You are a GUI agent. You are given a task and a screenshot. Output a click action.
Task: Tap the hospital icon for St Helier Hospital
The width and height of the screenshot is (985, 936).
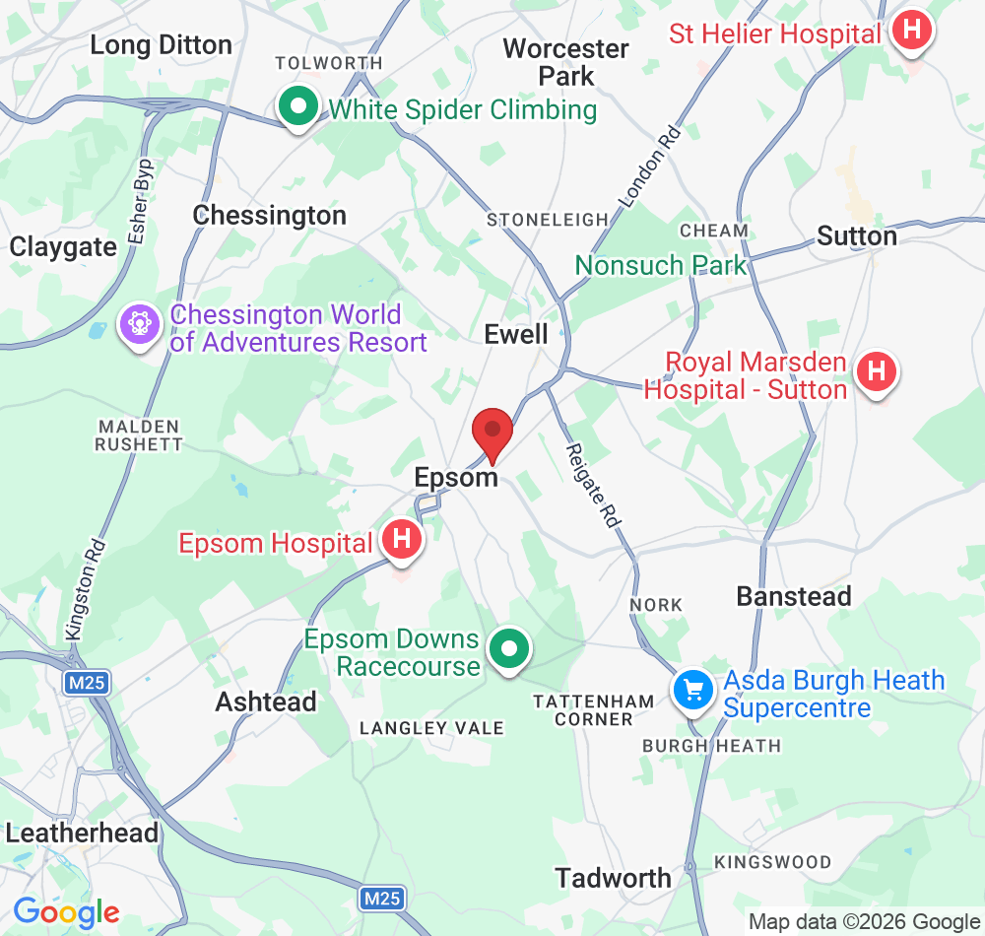pyautogui.click(x=912, y=32)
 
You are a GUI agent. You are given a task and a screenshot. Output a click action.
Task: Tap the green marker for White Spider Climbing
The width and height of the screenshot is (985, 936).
pyautogui.click(x=296, y=106)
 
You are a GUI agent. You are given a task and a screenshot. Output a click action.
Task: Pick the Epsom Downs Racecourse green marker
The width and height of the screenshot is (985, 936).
pyautogui.click(x=509, y=650)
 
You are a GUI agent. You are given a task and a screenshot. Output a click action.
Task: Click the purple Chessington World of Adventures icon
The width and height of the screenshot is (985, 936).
pyautogui.click(x=140, y=325)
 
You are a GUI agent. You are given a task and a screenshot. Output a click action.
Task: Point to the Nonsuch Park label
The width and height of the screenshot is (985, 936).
pyautogui.click(x=661, y=265)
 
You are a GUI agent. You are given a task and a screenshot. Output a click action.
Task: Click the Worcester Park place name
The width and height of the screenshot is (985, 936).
pyautogui.click(x=565, y=61)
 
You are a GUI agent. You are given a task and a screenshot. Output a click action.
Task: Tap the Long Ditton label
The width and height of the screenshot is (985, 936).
pyautogui.click(x=161, y=44)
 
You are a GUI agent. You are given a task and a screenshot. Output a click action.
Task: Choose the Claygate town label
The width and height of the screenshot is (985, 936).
pyautogui.click(x=63, y=246)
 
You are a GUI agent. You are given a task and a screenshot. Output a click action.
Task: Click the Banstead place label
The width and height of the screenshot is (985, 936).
pyautogui.click(x=794, y=596)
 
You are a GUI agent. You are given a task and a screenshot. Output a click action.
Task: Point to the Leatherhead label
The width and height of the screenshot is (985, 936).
pyautogui.click(x=82, y=833)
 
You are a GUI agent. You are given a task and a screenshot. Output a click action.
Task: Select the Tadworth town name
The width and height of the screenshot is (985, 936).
pyautogui.click(x=613, y=877)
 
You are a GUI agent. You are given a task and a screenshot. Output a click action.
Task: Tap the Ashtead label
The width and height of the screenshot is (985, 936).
pyautogui.click(x=266, y=702)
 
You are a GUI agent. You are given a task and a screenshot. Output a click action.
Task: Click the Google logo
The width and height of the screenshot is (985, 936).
pyautogui.click(x=66, y=912)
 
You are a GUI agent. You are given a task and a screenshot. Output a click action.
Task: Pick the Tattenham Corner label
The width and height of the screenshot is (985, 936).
pyautogui.click(x=593, y=710)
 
